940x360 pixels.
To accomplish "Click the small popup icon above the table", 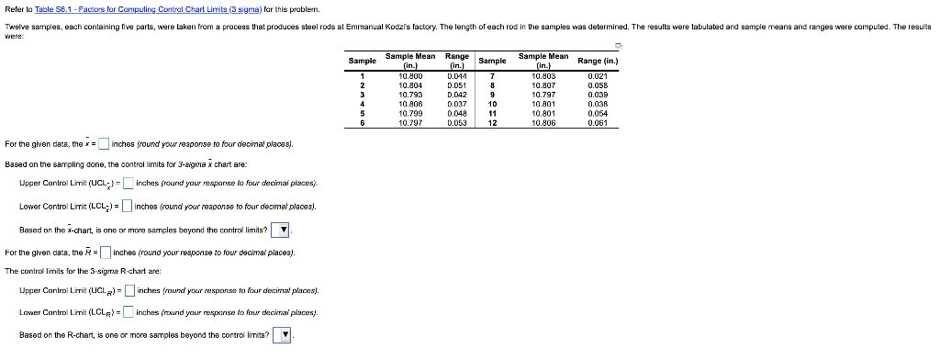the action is pyautogui.click(x=619, y=43).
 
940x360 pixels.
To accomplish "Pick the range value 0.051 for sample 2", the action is pyautogui.click(x=456, y=85).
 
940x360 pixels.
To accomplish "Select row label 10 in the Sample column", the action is pyautogui.click(x=492, y=104).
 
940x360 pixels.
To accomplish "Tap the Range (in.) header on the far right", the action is pyautogui.click(x=599, y=61).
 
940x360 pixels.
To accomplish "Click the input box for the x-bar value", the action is pyautogui.click(x=104, y=143).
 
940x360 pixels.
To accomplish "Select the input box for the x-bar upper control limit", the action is pyautogui.click(x=128, y=183).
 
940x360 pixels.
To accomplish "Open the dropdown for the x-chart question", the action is pyautogui.click(x=284, y=229).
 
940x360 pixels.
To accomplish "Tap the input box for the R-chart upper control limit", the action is pyautogui.click(x=129, y=291).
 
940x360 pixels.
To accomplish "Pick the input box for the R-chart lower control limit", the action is pyautogui.click(x=129, y=312).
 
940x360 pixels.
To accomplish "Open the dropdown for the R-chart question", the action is pyautogui.click(x=285, y=335).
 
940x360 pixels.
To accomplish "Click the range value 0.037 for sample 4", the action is pyautogui.click(x=456, y=104).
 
